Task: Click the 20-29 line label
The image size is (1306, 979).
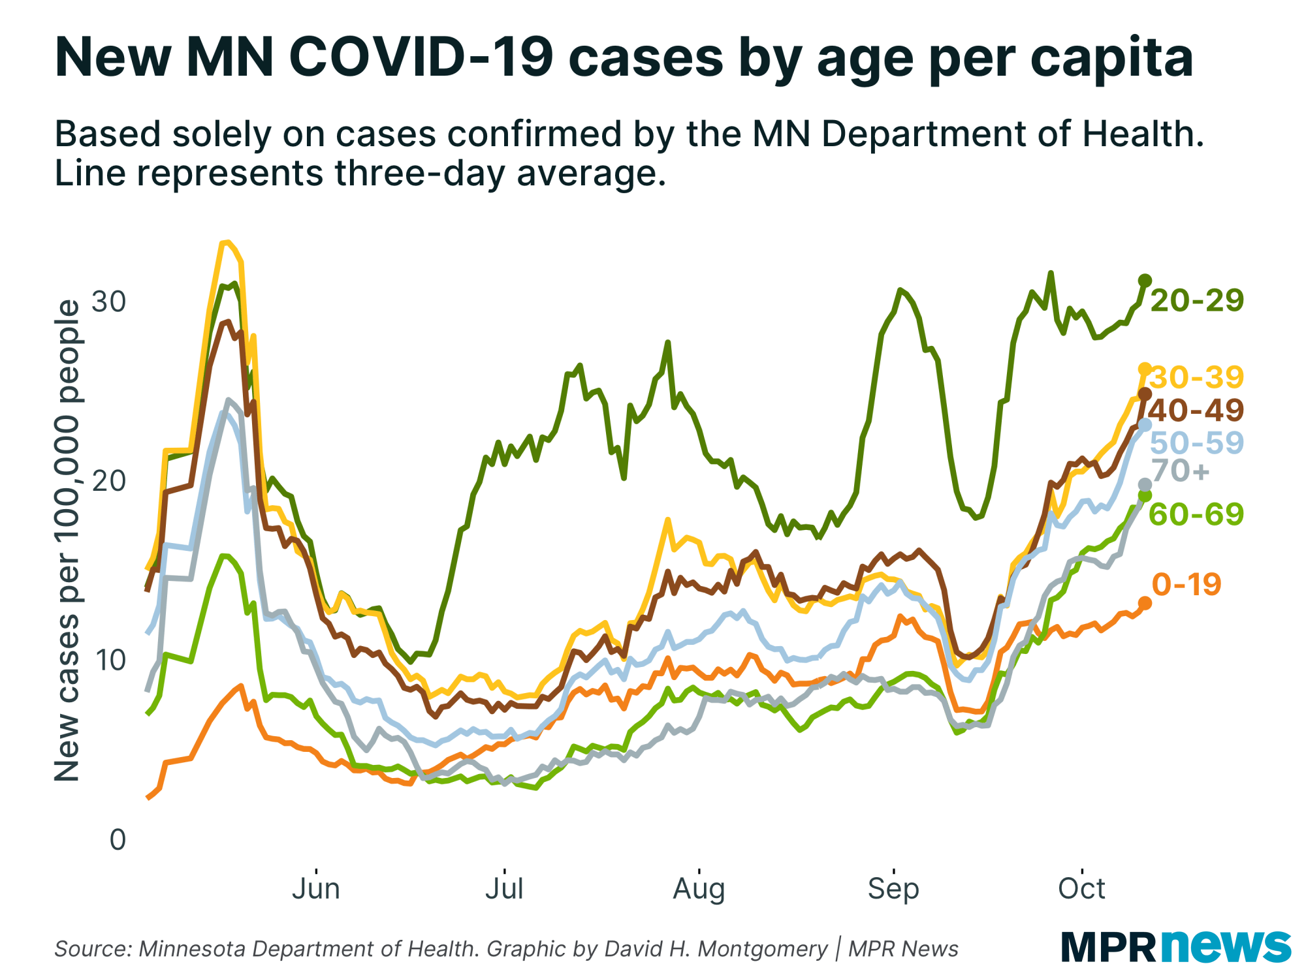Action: [1196, 300]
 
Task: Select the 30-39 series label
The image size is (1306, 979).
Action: [1196, 377]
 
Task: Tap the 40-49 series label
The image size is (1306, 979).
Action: [1196, 410]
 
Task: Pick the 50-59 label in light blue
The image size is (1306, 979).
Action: [1196, 443]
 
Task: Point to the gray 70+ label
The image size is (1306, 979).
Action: [1181, 471]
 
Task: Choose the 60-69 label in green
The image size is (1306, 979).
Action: [1196, 514]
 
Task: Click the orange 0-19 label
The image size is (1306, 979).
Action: [1186, 584]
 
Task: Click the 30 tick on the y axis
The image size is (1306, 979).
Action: [108, 302]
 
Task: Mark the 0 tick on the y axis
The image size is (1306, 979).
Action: [118, 839]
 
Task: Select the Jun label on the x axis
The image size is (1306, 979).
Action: [316, 889]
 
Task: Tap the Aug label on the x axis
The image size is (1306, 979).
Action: [699, 889]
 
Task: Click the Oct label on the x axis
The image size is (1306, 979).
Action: [1082, 889]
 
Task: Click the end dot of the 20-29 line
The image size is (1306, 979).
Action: [1145, 281]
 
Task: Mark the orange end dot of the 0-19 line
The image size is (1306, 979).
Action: [1145, 603]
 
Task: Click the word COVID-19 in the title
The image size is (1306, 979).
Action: [422, 57]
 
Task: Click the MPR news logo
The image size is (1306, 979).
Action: [1175, 946]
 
